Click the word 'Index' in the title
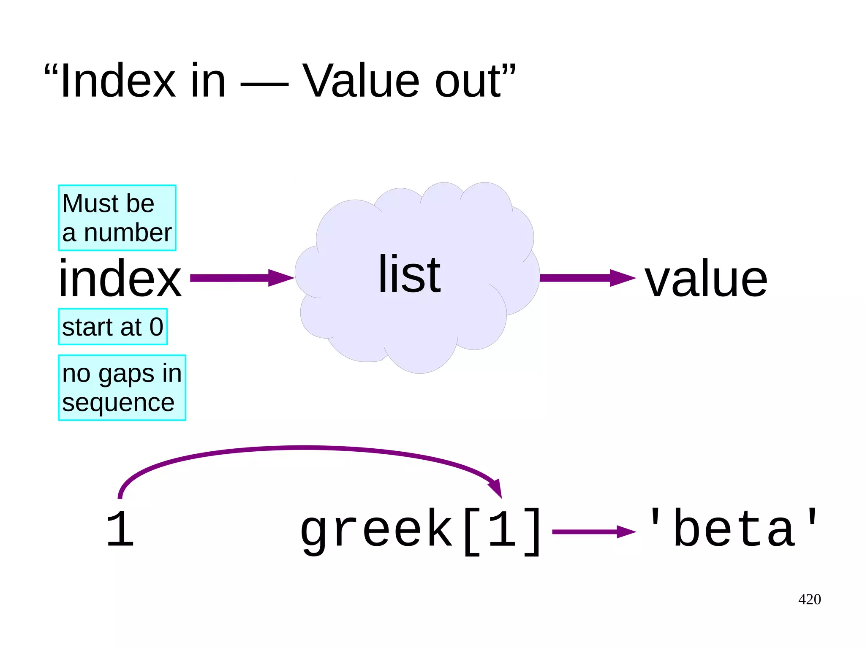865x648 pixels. [x=117, y=81]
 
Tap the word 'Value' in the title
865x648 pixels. [x=361, y=81]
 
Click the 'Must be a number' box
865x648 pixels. [x=117, y=218]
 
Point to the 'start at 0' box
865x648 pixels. [x=113, y=327]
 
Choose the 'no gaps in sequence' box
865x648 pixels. [x=122, y=388]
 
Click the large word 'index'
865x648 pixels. [x=120, y=279]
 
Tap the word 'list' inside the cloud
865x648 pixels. [x=409, y=274]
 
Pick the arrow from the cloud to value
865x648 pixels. [x=587, y=278]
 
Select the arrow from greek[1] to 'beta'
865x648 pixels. [x=593, y=532]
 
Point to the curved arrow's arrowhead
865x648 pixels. [x=496, y=488]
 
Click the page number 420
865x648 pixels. [x=809, y=599]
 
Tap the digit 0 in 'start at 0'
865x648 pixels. [x=156, y=327]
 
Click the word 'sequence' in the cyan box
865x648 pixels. [x=118, y=403]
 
